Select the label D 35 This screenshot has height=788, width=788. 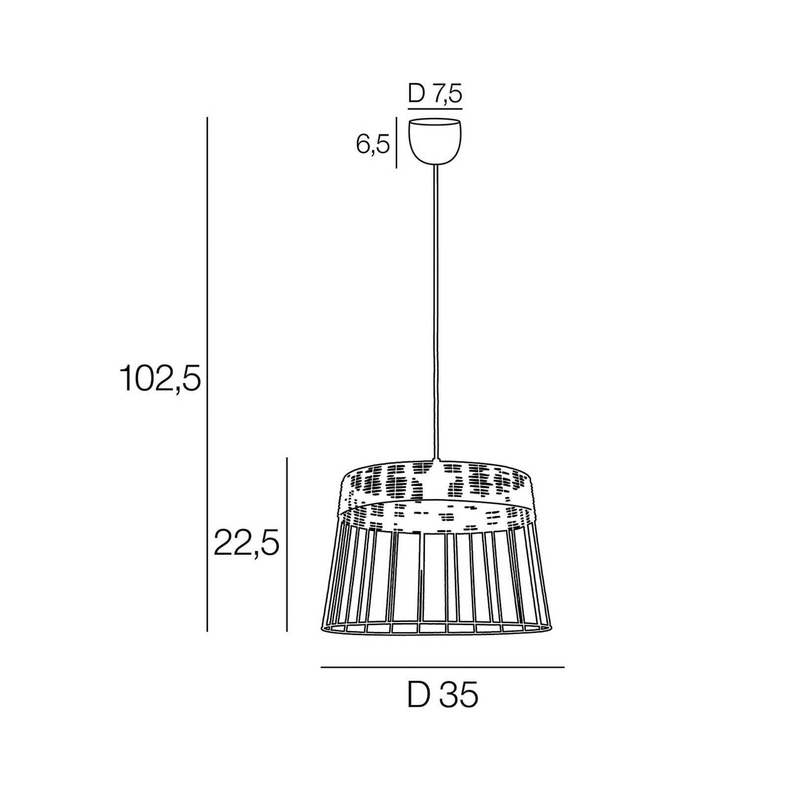coord(443,696)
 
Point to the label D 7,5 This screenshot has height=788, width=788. coord(435,94)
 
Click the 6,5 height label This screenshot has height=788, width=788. coord(373,144)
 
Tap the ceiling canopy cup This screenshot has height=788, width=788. coord(435,141)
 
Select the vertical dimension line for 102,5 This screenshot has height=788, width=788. coord(207,374)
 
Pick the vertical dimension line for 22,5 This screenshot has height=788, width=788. coord(287,544)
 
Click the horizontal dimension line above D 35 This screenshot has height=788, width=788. coord(442,667)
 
